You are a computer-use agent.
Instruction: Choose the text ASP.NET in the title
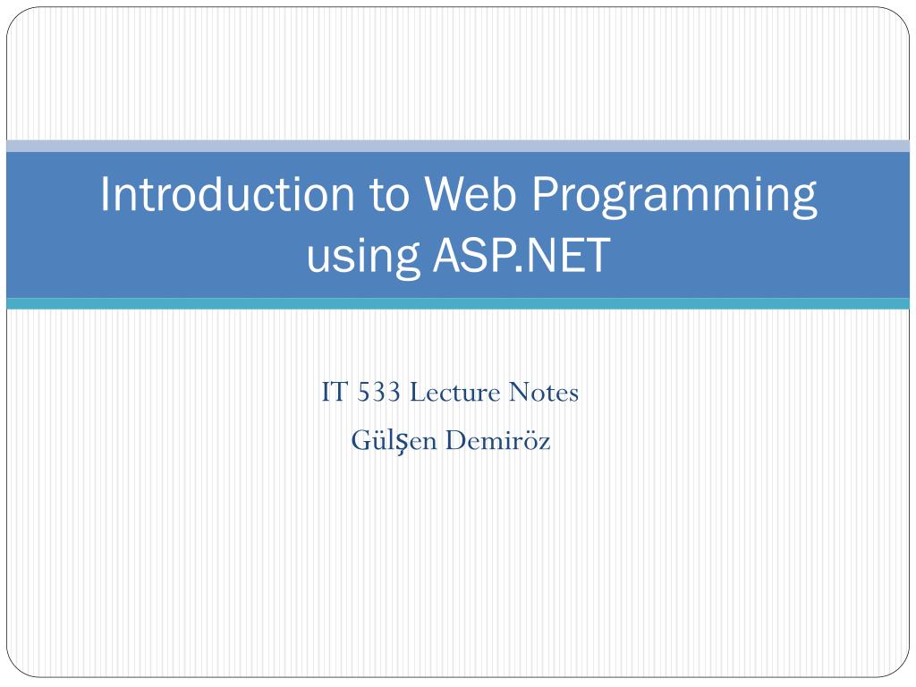521,254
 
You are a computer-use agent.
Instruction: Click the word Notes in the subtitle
543,393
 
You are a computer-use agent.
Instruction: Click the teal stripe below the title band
458,304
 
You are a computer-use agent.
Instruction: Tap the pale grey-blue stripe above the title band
458,146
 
